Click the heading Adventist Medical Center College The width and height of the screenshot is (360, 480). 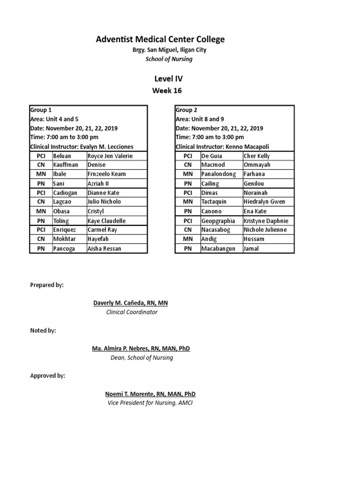click(x=160, y=39)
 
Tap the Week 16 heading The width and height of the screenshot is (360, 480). click(x=167, y=90)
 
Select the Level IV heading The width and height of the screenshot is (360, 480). click(x=167, y=79)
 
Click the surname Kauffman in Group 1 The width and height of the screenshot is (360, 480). click(x=66, y=165)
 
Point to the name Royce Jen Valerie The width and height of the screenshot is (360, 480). click(x=110, y=156)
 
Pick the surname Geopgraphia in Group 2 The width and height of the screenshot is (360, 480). click(x=218, y=221)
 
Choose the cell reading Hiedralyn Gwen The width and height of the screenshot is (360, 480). click(x=265, y=202)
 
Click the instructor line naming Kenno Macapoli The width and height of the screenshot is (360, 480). click(x=223, y=147)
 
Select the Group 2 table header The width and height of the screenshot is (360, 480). click(x=187, y=110)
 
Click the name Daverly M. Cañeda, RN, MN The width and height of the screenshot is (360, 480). click(x=131, y=303)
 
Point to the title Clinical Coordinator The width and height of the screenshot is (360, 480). click(x=131, y=312)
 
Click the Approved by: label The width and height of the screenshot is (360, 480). click(x=48, y=376)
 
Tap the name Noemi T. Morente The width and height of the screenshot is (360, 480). click(x=150, y=394)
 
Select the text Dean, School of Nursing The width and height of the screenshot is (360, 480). click(x=140, y=358)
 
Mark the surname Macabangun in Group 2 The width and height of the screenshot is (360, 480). click(x=218, y=248)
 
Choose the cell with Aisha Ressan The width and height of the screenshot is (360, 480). click(x=104, y=248)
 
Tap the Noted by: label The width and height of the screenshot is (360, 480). click(x=43, y=330)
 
